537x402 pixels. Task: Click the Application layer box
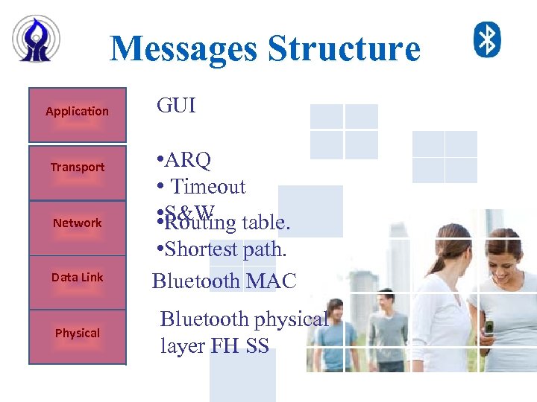[x=77, y=115]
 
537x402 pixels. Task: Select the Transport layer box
[x=77, y=170]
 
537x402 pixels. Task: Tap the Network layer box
[x=77, y=226]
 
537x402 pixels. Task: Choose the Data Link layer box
[x=77, y=281]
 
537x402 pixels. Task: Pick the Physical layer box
[x=77, y=336]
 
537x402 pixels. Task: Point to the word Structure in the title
[x=344, y=49]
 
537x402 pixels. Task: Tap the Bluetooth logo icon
[x=488, y=39]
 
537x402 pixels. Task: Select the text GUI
[x=176, y=106]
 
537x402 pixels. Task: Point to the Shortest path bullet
[x=222, y=249]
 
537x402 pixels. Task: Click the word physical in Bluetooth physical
[x=291, y=320]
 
